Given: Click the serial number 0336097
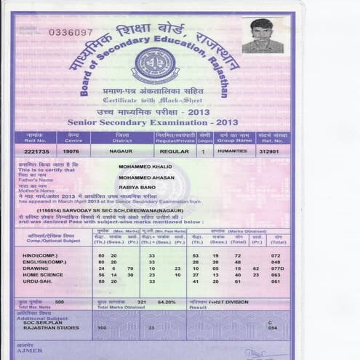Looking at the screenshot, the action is pos(71,33).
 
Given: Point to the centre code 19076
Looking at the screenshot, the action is pos(71,151).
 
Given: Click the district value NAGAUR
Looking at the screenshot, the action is pos(121,151).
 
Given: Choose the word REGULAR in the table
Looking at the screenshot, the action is pos(174,151).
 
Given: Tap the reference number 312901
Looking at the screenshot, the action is pos(273,152).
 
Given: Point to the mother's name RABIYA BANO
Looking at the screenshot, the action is pos(138,186).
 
